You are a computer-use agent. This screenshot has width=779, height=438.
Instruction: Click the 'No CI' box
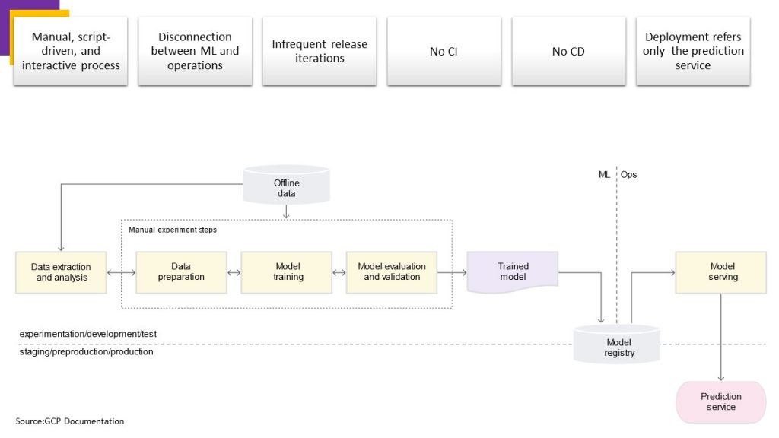tap(444, 51)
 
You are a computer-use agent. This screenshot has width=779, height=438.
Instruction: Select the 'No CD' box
tap(568, 51)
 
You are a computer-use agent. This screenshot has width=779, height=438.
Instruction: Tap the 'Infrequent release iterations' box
tap(320, 51)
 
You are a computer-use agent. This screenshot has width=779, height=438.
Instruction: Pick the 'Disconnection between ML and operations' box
tap(195, 51)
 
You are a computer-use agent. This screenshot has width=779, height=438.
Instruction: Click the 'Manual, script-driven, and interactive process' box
tap(71, 51)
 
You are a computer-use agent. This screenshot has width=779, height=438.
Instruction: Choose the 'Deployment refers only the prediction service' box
tap(693, 51)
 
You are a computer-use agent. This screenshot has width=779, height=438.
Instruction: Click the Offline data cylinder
tap(286, 186)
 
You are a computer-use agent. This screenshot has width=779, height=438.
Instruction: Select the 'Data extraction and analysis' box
tap(61, 272)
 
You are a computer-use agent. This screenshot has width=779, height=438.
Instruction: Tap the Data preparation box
tap(181, 272)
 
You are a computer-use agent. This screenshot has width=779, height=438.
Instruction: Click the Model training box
tap(287, 272)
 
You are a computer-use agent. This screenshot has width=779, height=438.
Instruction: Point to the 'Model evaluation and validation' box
tap(392, 272)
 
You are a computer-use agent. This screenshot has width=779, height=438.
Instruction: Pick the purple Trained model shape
tap(513, 271)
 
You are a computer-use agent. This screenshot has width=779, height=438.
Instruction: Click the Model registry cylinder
tap(617, 344)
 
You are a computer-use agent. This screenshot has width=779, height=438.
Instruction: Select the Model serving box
tap(721, 272)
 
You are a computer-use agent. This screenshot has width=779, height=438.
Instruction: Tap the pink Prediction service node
tap(721, 401)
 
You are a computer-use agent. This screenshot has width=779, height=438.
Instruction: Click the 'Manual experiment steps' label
tap(173, 230)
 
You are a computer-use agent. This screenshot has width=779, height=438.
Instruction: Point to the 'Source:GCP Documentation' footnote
tap(70, 421)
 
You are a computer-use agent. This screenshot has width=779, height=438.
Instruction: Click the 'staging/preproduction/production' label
tap(87, 351)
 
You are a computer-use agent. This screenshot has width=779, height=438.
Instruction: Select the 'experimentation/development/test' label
tap(88, 334)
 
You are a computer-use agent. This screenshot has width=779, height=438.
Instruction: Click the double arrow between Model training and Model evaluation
tap(339, 273)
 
